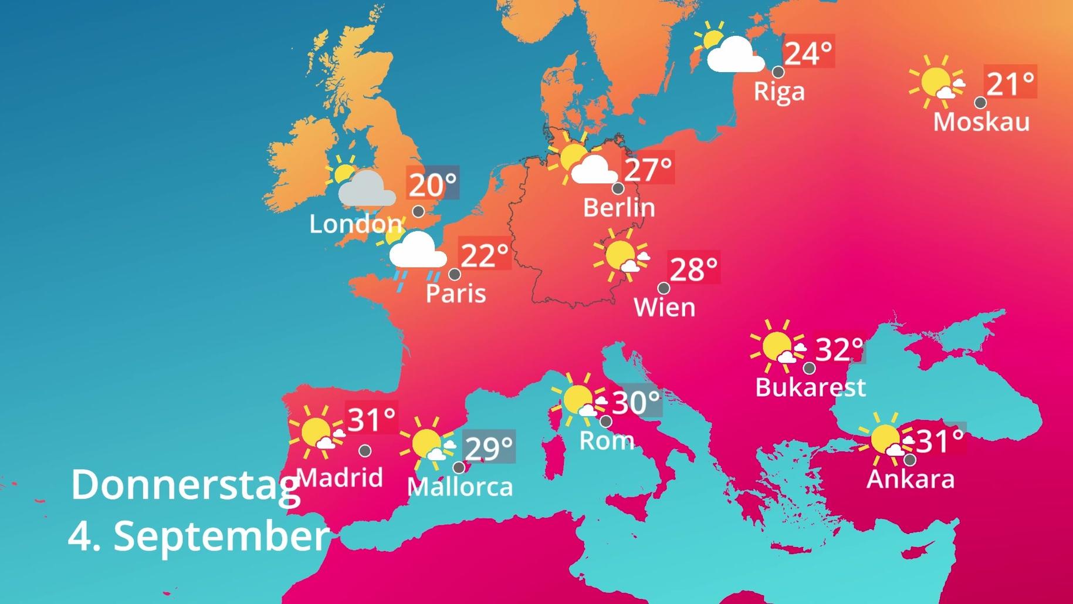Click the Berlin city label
pos(619,208)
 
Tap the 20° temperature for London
pos(432,185)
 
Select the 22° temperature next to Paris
pos(485,255)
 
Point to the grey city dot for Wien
pos(664,288)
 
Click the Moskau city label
pos(981,122)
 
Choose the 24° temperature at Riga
pos(808,53)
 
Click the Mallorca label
pos(460,487)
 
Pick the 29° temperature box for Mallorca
pos(489,448)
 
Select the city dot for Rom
pos(606,421)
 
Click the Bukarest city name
pos(810,387)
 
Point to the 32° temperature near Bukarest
pos(840,350)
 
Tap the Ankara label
pos(910,479)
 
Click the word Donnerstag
pos(185,485)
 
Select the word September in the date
pos(221,536)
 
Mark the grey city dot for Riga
pos(778,72)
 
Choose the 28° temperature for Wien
pos(693,270)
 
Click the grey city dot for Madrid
pos(365,451)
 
